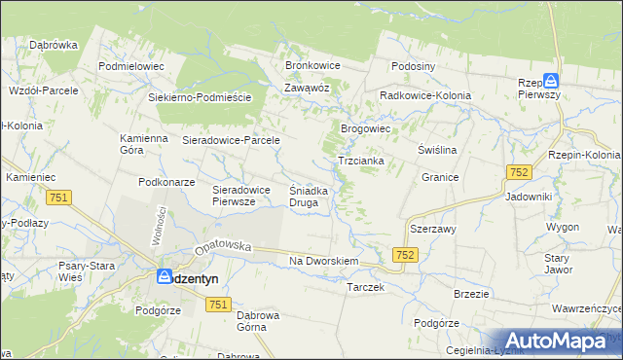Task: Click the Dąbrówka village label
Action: click(x=54, y=45)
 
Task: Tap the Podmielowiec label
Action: click(x=132, y=66)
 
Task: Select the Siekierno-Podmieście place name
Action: click(x=200, y=98)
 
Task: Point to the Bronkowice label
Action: click(x=311, y=65)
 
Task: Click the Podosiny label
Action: click(x=414, y=66)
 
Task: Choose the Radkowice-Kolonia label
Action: click(x=425, y=96)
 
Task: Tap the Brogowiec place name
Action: click(x=365, y=128)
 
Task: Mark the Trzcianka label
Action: click(x=360, y=161)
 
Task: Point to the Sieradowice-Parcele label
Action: click(x=232, y=140)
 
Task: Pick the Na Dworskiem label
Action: click(x=325, y=262)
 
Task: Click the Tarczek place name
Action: click(x=366, y=288)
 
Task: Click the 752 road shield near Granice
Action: click(x=518, y=172)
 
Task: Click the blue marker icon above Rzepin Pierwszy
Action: click(x=551, y=83)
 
